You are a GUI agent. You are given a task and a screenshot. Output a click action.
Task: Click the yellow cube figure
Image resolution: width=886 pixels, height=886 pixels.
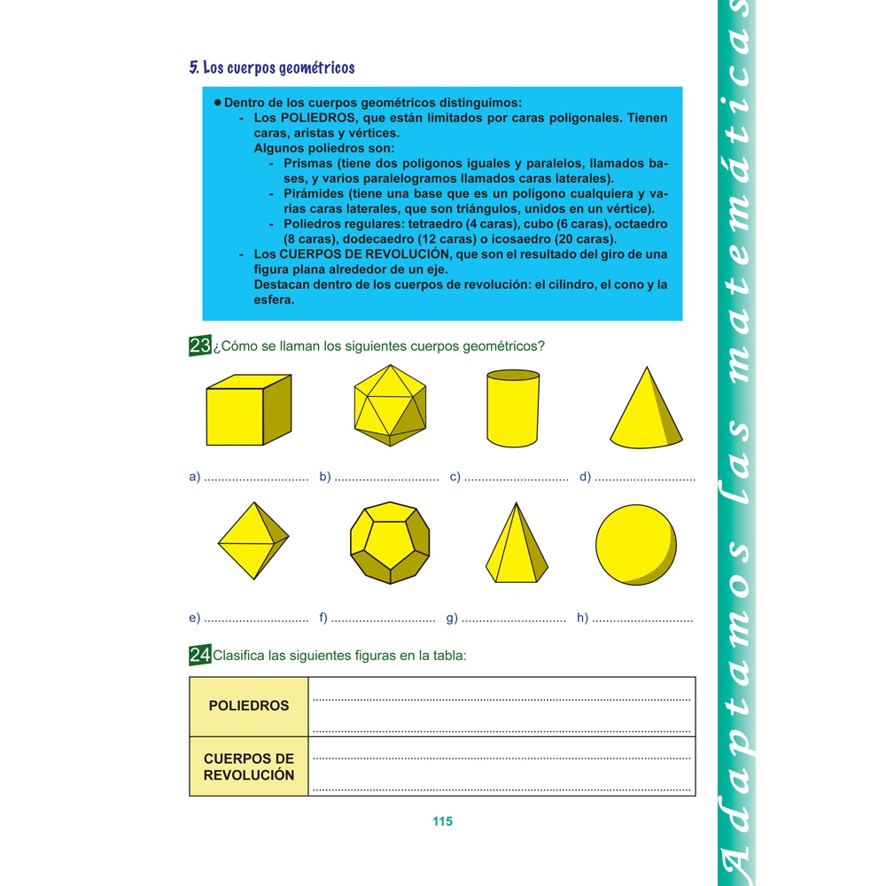click(x=248, y=410)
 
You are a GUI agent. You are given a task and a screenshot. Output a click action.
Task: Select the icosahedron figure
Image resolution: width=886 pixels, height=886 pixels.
click(x=389, y=406)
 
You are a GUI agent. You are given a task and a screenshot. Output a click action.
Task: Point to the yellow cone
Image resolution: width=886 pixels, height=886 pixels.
click(x=647, y=409)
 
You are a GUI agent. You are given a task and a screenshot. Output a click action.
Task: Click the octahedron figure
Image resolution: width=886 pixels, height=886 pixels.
click(x=253, y=540)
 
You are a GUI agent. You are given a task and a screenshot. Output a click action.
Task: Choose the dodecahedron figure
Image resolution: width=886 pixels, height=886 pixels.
click(x=390, y=543)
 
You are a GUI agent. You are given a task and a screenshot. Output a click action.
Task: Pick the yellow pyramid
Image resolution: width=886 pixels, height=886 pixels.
click(x=516, y=543)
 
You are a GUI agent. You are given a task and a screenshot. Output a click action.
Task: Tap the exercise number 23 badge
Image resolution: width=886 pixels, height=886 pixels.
click(x=199, y=346)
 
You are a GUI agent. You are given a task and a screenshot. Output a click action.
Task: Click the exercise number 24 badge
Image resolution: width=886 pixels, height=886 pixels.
click(x=199, y=656)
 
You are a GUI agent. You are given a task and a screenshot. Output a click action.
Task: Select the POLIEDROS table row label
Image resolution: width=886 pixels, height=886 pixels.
click(x=249, y=706)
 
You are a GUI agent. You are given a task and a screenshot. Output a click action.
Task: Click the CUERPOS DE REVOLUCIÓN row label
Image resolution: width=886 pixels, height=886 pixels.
click(x=249, y=766)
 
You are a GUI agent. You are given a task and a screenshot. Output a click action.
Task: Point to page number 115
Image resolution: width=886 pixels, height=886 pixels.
click(x=443, y=821)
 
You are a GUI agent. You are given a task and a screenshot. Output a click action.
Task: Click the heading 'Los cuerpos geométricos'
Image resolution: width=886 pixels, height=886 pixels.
click(x=272, y=67)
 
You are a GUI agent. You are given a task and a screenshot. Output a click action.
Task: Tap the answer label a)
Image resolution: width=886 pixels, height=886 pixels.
click(x=195, y=478)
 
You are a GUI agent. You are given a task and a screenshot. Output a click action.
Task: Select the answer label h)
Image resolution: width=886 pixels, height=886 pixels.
click(x=583, y=618)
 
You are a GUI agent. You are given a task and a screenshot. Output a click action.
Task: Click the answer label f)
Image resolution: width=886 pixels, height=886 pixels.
click(x=323, y=618)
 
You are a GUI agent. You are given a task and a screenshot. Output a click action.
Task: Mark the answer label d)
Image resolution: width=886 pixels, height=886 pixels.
click(x=586, y=478)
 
